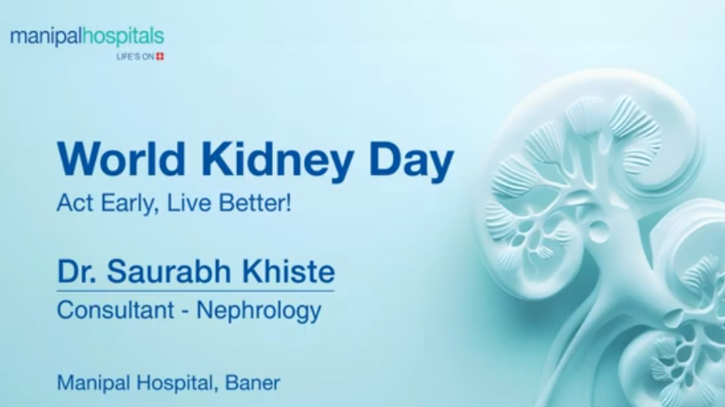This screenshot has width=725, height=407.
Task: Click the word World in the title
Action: [121, 158]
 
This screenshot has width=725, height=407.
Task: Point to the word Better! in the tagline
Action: [255, 203]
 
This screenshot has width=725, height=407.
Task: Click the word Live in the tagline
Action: [189, 203]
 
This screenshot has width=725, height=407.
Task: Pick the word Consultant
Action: [116, 309]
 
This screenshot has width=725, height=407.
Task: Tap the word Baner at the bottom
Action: [253, 383]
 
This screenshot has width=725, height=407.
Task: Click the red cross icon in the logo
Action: [160, 57]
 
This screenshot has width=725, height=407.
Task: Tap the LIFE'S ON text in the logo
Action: [135, 57]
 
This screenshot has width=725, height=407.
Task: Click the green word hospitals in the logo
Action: [124, 37]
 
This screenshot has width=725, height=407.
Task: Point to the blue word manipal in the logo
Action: [47, 37]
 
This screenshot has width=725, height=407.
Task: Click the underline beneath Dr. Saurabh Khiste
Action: [196, 291]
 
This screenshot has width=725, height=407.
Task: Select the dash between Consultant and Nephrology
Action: [185, 311]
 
